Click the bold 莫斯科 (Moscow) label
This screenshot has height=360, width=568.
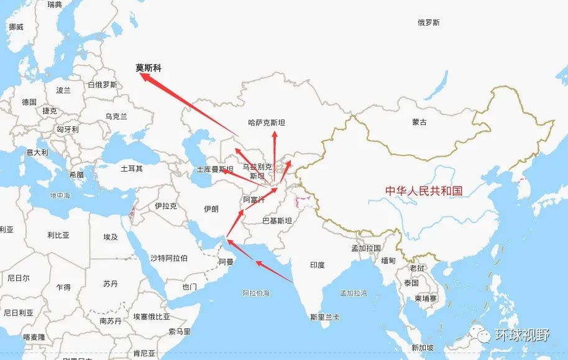tap(149, 68)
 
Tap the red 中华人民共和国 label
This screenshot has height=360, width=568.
tap(424, 191)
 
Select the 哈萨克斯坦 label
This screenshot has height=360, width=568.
tap(266, 123)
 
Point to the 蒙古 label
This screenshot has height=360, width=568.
tap(419, 122)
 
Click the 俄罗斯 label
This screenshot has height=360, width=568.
tap(429, 22)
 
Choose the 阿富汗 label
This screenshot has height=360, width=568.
tap(254, 200)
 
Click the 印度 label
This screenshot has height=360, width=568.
tap(317, 265)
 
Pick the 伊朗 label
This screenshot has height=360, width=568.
tap(211, 209)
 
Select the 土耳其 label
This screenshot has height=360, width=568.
tap(131, 168)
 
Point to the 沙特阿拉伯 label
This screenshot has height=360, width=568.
tap(169, 257)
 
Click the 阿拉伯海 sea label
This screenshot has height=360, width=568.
tap(256, 292)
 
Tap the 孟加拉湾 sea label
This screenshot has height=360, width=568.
tap(354, 293)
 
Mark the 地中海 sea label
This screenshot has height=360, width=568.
tap(60, 196)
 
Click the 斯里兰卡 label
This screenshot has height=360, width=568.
tap(325, 317)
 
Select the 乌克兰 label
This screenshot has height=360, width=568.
tap(116, 116)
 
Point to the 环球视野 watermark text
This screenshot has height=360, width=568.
tap(522, 336)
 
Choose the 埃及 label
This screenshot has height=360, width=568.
tap(111, 237)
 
